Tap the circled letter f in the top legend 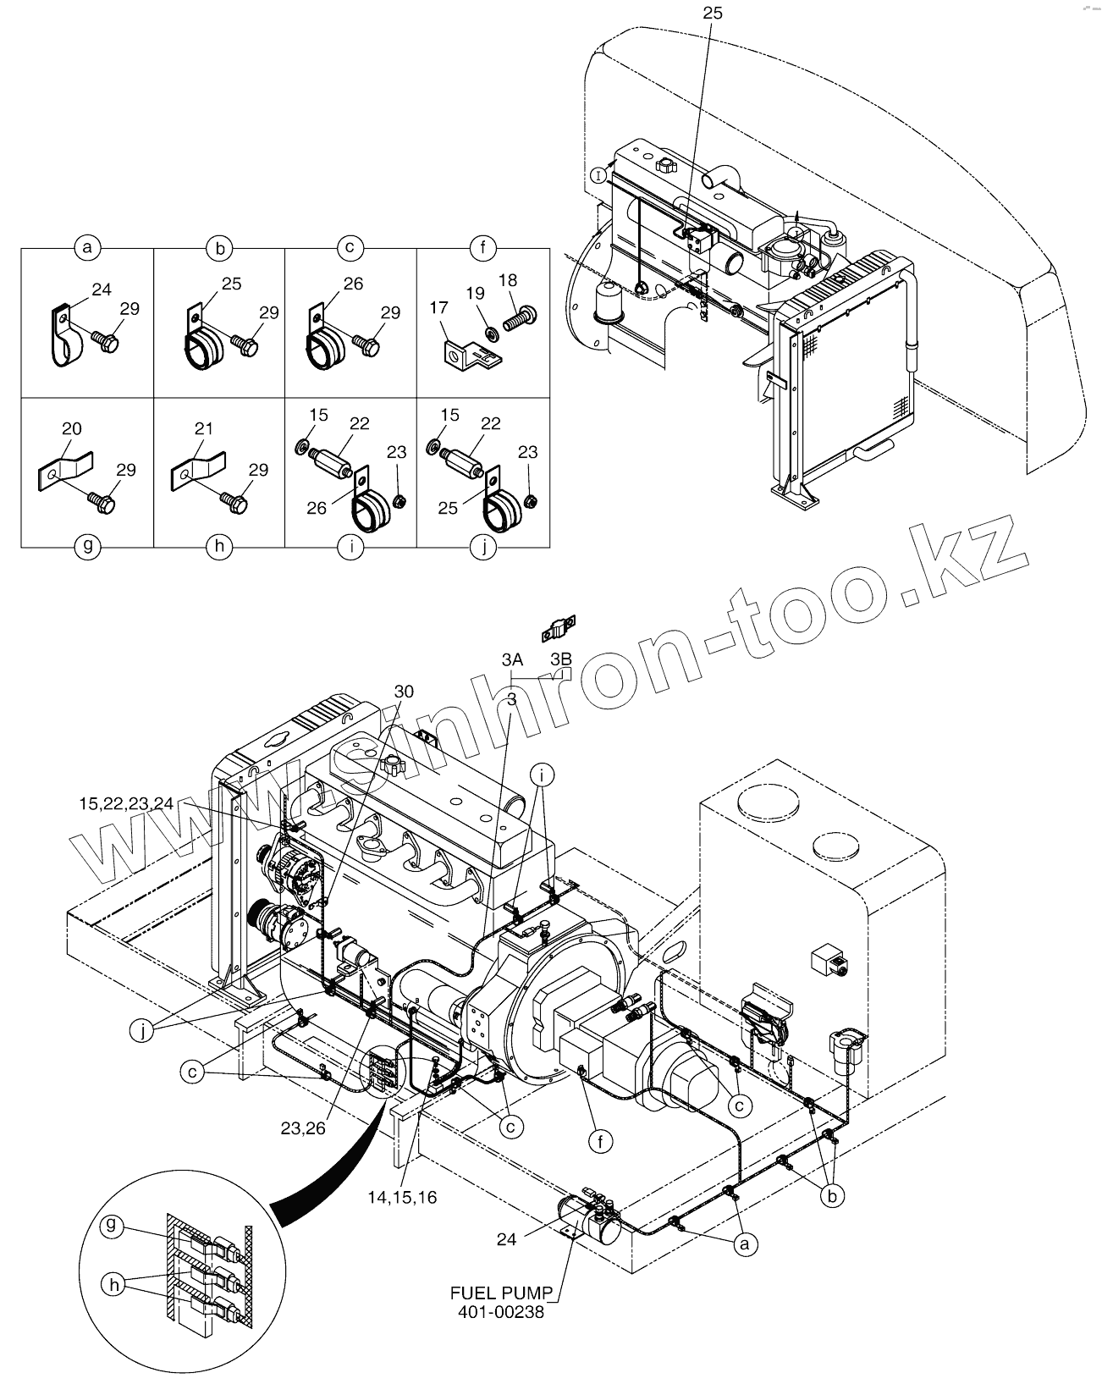click(482, 248)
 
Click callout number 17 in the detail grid click(438, 308)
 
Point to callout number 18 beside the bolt click(508, 280)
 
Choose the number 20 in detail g click(72, 429)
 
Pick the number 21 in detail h click(203, 429)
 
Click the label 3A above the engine click(511, 659)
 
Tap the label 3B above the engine click(560, 659)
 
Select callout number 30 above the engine click(404, 692)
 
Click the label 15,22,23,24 click(125, 803)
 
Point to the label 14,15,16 click(402, 1198)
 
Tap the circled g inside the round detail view click(111, 1225)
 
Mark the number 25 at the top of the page click(712, 13)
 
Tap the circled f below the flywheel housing click(600, 1141)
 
